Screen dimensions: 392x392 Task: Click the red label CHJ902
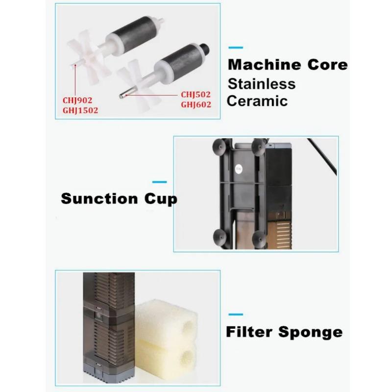coord(77,101)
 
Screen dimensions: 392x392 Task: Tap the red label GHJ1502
coord(80,110)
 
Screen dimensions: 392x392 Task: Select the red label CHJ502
coord(196,94)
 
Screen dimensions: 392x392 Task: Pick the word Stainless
coord(262,83)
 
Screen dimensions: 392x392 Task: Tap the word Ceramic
coord(257,101)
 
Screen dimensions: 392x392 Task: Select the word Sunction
coord(99,199)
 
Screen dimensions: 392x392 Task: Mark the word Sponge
coord(311,333)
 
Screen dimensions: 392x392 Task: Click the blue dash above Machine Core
coord(236,48)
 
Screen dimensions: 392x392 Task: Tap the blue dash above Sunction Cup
coord(159,182)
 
